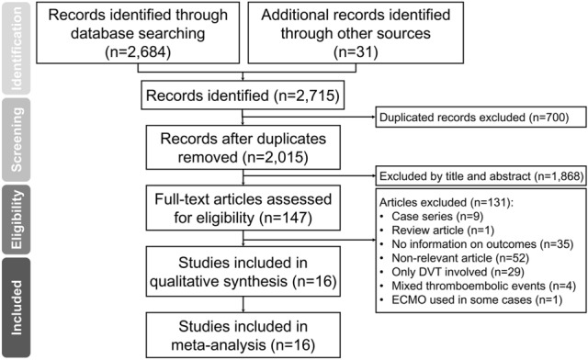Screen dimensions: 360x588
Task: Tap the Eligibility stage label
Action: point(16,219)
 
